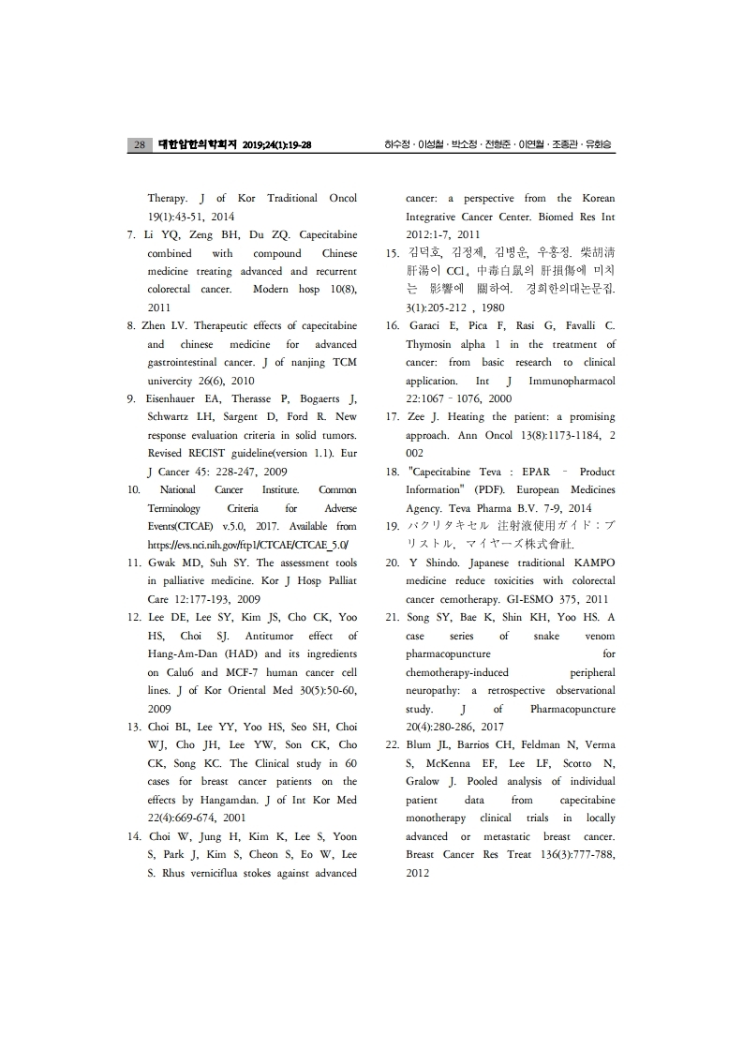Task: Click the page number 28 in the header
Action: (x=139, y=145)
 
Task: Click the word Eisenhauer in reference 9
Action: (x=175, y=398)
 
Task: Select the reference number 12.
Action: (x=134, y=617)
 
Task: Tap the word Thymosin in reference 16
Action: (x=430, y=344)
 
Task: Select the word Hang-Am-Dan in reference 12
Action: (x=181, y=653)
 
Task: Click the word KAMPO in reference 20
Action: (x=592, y=563)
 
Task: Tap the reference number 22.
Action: (x=394, y=744)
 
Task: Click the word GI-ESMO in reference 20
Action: (x=535, y=599)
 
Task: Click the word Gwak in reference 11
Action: (x=162, y=563)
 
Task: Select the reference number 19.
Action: (x=394, y=526)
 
